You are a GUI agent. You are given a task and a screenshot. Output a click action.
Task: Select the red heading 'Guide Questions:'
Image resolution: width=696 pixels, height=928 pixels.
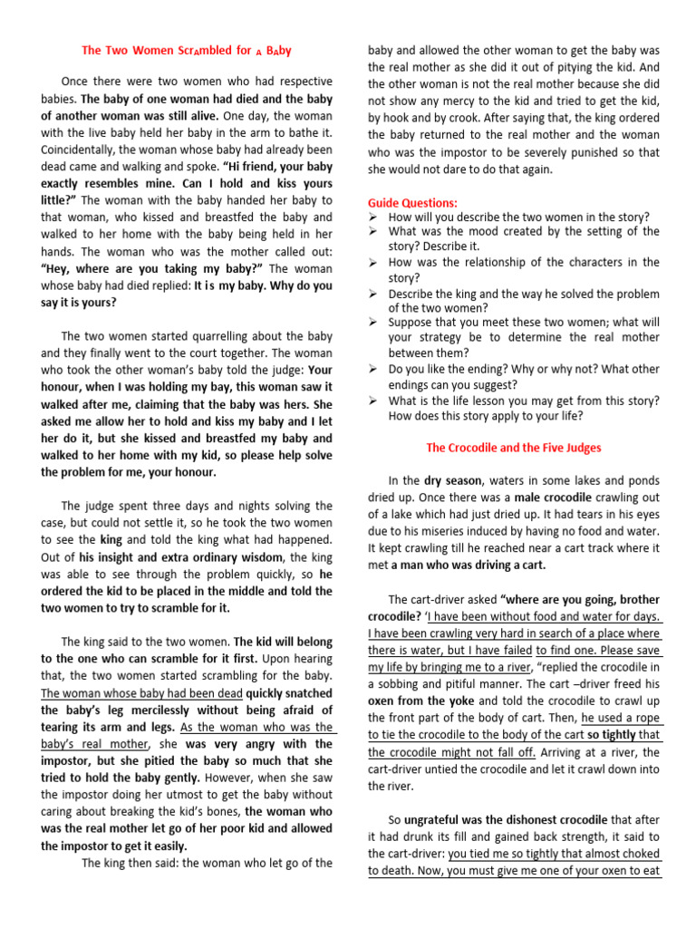(412, 202)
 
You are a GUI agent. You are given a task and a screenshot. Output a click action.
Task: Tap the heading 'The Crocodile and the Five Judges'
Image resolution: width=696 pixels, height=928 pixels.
(513, 447)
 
